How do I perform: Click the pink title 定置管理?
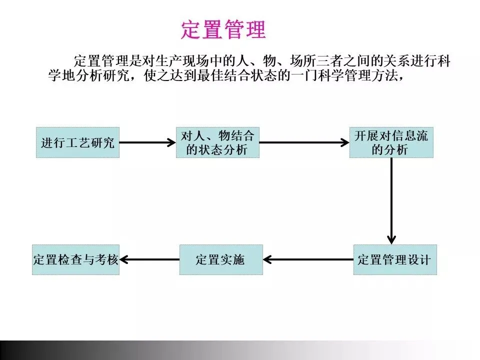[223, 30]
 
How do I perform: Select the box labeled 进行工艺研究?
[77, 142]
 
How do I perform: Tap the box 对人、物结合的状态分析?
[217, 142]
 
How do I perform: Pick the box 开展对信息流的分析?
[391, 142]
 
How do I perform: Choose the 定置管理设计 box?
[394, 259]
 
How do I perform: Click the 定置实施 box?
[220, 259]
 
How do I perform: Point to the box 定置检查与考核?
[75, 259]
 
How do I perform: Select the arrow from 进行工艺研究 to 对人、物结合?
[147, 142]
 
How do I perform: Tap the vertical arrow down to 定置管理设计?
[391, 200]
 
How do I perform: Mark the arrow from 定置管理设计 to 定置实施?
[308, 259]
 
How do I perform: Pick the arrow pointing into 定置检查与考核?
[149, 259]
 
